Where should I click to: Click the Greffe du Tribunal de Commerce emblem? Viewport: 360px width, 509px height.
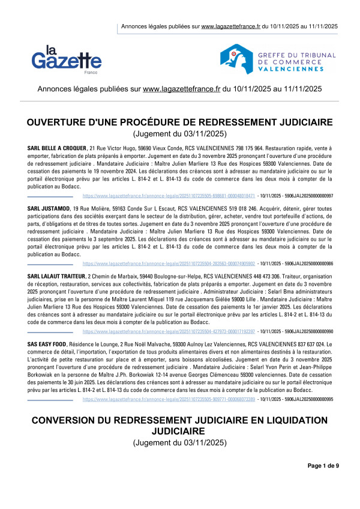point(235,58)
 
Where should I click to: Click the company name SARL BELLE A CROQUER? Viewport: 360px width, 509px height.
point(56,148)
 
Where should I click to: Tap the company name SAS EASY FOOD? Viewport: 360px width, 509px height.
point(49,343)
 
